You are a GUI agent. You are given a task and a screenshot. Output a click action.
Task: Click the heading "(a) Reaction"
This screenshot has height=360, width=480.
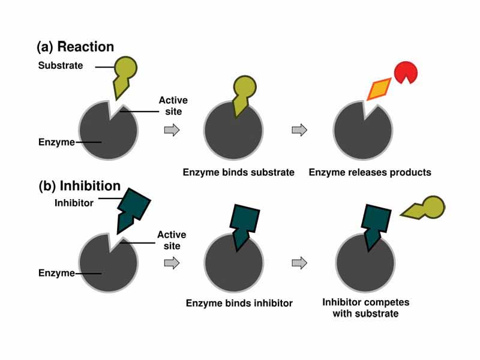pos(75,46)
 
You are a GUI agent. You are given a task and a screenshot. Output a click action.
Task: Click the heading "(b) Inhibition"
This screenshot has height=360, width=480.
pos(79,186)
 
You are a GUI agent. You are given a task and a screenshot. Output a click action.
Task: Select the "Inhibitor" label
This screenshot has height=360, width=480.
pos(74,203)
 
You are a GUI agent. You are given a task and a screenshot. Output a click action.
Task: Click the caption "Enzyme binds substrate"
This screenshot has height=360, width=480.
pos(238,172)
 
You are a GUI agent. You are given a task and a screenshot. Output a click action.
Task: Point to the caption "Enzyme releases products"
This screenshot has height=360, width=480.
pos(370,172)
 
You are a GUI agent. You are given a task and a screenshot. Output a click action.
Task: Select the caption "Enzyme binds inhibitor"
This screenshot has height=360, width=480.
pos(239,303)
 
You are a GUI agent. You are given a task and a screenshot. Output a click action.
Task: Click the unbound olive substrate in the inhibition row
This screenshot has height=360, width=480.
pos(425,209)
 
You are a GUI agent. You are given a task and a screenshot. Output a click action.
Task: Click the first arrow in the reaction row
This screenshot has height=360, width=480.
pos(172,130)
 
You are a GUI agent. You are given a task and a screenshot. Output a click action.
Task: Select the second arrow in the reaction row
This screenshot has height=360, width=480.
pos(299,130)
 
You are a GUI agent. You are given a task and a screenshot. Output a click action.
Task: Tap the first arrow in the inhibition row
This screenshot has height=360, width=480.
pos(172,262)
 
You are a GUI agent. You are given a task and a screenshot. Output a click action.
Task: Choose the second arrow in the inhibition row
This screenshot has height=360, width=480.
pos(299,262)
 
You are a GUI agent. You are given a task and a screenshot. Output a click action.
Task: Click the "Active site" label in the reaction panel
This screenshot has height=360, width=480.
pos(170,106)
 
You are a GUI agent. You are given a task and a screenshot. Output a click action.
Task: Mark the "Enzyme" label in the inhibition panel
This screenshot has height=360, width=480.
pos(56,273)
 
